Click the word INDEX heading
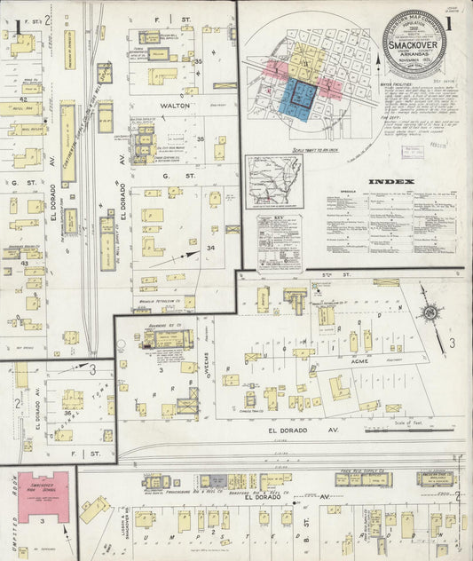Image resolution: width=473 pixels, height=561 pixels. (x=390, y=182)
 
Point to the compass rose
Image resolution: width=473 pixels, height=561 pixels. (x=430, y=312)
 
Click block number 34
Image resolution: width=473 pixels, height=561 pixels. (x=210, y=248)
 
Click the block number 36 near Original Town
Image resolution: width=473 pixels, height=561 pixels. (x=67, y=413)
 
